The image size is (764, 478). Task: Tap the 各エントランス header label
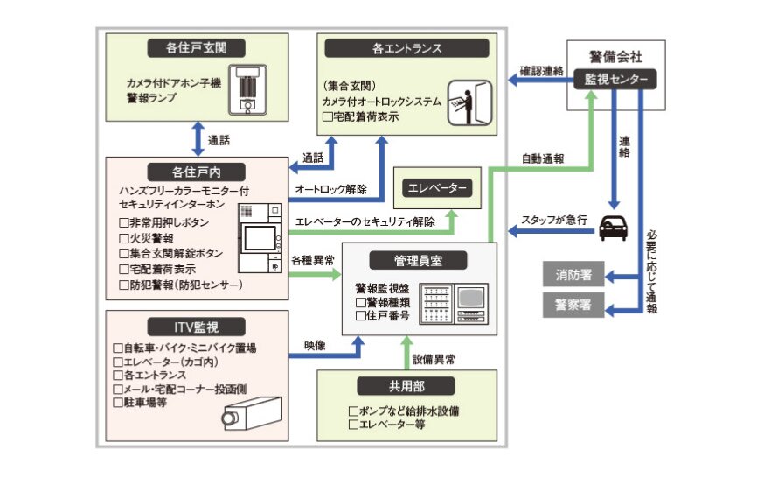pos(406,48)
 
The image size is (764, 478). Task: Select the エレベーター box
pos(434,188)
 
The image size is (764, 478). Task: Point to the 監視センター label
pos(616,80)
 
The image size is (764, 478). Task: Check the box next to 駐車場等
pos(119,403)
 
